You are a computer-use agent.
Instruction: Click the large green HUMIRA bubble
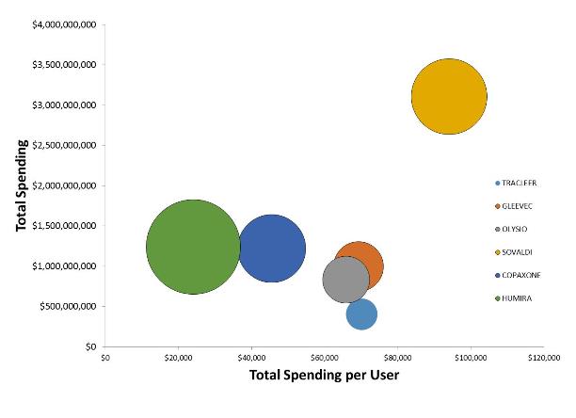point(193,247)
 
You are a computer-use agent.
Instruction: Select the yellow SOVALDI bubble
point(449,96)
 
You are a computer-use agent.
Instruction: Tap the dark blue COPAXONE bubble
point(272,249)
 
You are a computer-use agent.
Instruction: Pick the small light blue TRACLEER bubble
point(361,314)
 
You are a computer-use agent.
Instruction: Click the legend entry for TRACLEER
point(519,183)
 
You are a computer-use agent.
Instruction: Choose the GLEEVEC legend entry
point(519,206)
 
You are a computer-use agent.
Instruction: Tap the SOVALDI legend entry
point(519,252)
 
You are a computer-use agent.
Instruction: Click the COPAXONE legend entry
point(521,275)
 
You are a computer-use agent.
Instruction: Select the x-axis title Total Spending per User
point(325,376)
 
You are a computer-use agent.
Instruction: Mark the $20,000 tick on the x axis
point(179,358)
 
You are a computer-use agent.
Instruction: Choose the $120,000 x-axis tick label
point(544,358)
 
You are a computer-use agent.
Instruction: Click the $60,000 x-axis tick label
point(325,358)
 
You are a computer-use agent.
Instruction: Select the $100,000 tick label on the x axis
point(471,358)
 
